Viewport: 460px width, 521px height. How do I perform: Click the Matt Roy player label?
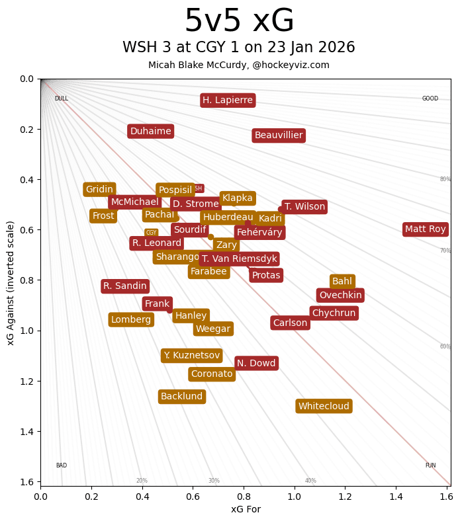pos(426,229)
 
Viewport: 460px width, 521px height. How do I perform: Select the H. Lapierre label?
pos(228,100)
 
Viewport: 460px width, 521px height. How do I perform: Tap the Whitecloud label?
pos(324,406)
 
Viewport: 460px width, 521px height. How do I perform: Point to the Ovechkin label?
pos(340,296)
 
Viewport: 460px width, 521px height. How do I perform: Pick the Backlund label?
pos(182,397)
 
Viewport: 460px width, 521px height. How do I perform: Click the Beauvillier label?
pos(279,136)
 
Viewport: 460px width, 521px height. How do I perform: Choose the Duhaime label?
pos(151,132)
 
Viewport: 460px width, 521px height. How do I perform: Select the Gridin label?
pos(100,190)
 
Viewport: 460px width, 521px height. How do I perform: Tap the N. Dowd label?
pos(257,363)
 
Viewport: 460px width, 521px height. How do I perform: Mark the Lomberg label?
pos(131,320)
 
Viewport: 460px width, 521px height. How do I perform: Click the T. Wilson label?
pos(304,207)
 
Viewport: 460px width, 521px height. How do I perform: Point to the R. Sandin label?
pos(125,286)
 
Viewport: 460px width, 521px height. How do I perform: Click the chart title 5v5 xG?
pos(239,21)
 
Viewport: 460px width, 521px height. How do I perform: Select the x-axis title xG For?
pos(246,509)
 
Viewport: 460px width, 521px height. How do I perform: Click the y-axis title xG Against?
pos(11,282)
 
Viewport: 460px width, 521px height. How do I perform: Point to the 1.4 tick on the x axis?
pos(396,495)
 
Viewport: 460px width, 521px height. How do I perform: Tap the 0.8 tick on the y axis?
pos(26,280)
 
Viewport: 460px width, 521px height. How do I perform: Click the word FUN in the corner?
pos(430,465)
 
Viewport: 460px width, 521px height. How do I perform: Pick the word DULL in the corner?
pos(62,99)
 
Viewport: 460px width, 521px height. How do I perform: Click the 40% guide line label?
pos(310,481)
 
